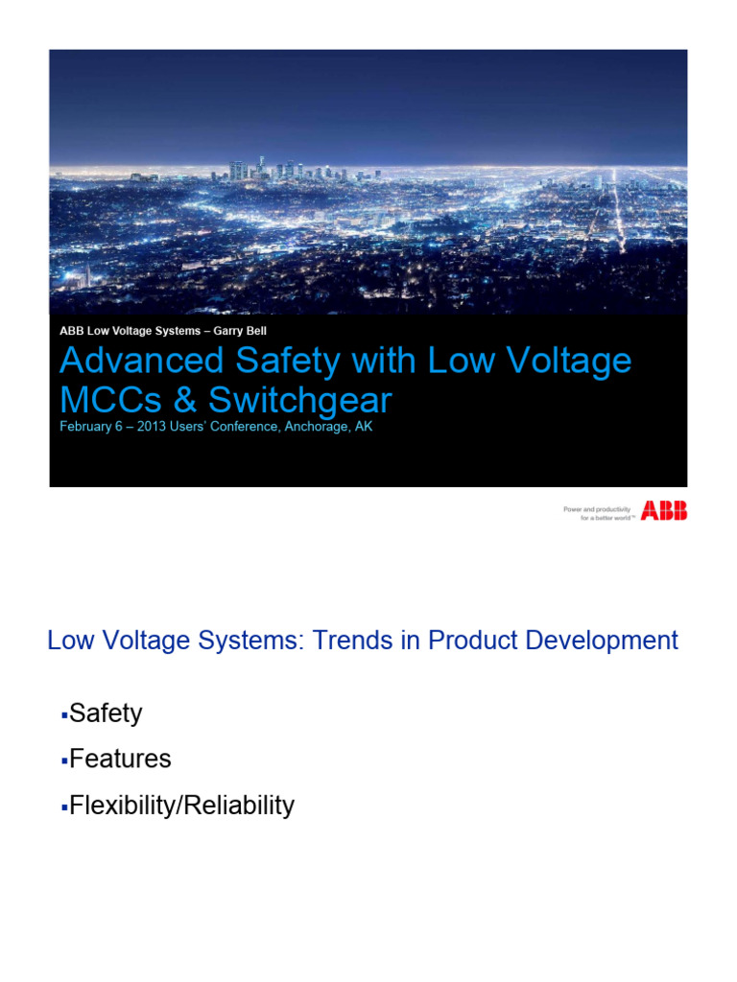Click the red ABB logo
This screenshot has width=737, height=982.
coord(664,511)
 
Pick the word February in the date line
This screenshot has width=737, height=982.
coord(87,427)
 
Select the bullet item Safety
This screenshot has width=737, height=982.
coord(106,713)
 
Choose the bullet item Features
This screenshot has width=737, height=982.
coord(120,760)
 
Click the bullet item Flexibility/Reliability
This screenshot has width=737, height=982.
coord(181,806)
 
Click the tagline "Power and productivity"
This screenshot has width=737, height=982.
coord(596,508)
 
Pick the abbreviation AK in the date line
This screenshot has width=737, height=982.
coord(363,427)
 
